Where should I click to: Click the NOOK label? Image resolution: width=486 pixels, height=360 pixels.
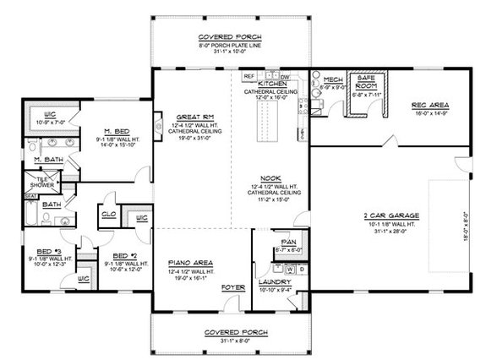(271, 177)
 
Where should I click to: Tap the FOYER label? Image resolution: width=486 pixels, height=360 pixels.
(232, 288)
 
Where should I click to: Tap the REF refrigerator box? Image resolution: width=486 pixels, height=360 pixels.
(250, 75)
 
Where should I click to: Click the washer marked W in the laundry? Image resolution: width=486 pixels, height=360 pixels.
(289, 268)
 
